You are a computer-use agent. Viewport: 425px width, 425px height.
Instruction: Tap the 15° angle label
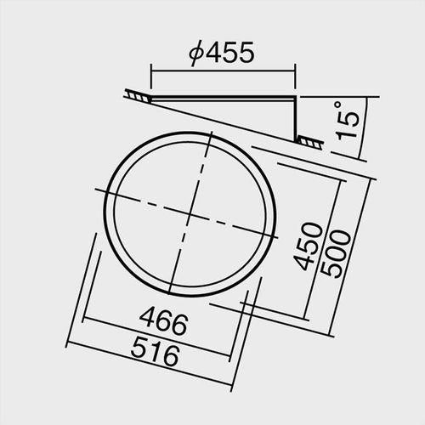tap(348, 122)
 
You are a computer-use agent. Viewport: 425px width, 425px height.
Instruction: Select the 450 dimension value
tap(312, 246)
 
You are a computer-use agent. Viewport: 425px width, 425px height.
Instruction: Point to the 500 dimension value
tap(337, 252)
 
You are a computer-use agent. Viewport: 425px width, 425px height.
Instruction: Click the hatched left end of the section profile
tap(135, 95)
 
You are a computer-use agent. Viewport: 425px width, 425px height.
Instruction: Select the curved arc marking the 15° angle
tap(363, 127)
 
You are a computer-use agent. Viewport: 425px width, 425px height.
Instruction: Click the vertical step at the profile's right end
tap(296, 119)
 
